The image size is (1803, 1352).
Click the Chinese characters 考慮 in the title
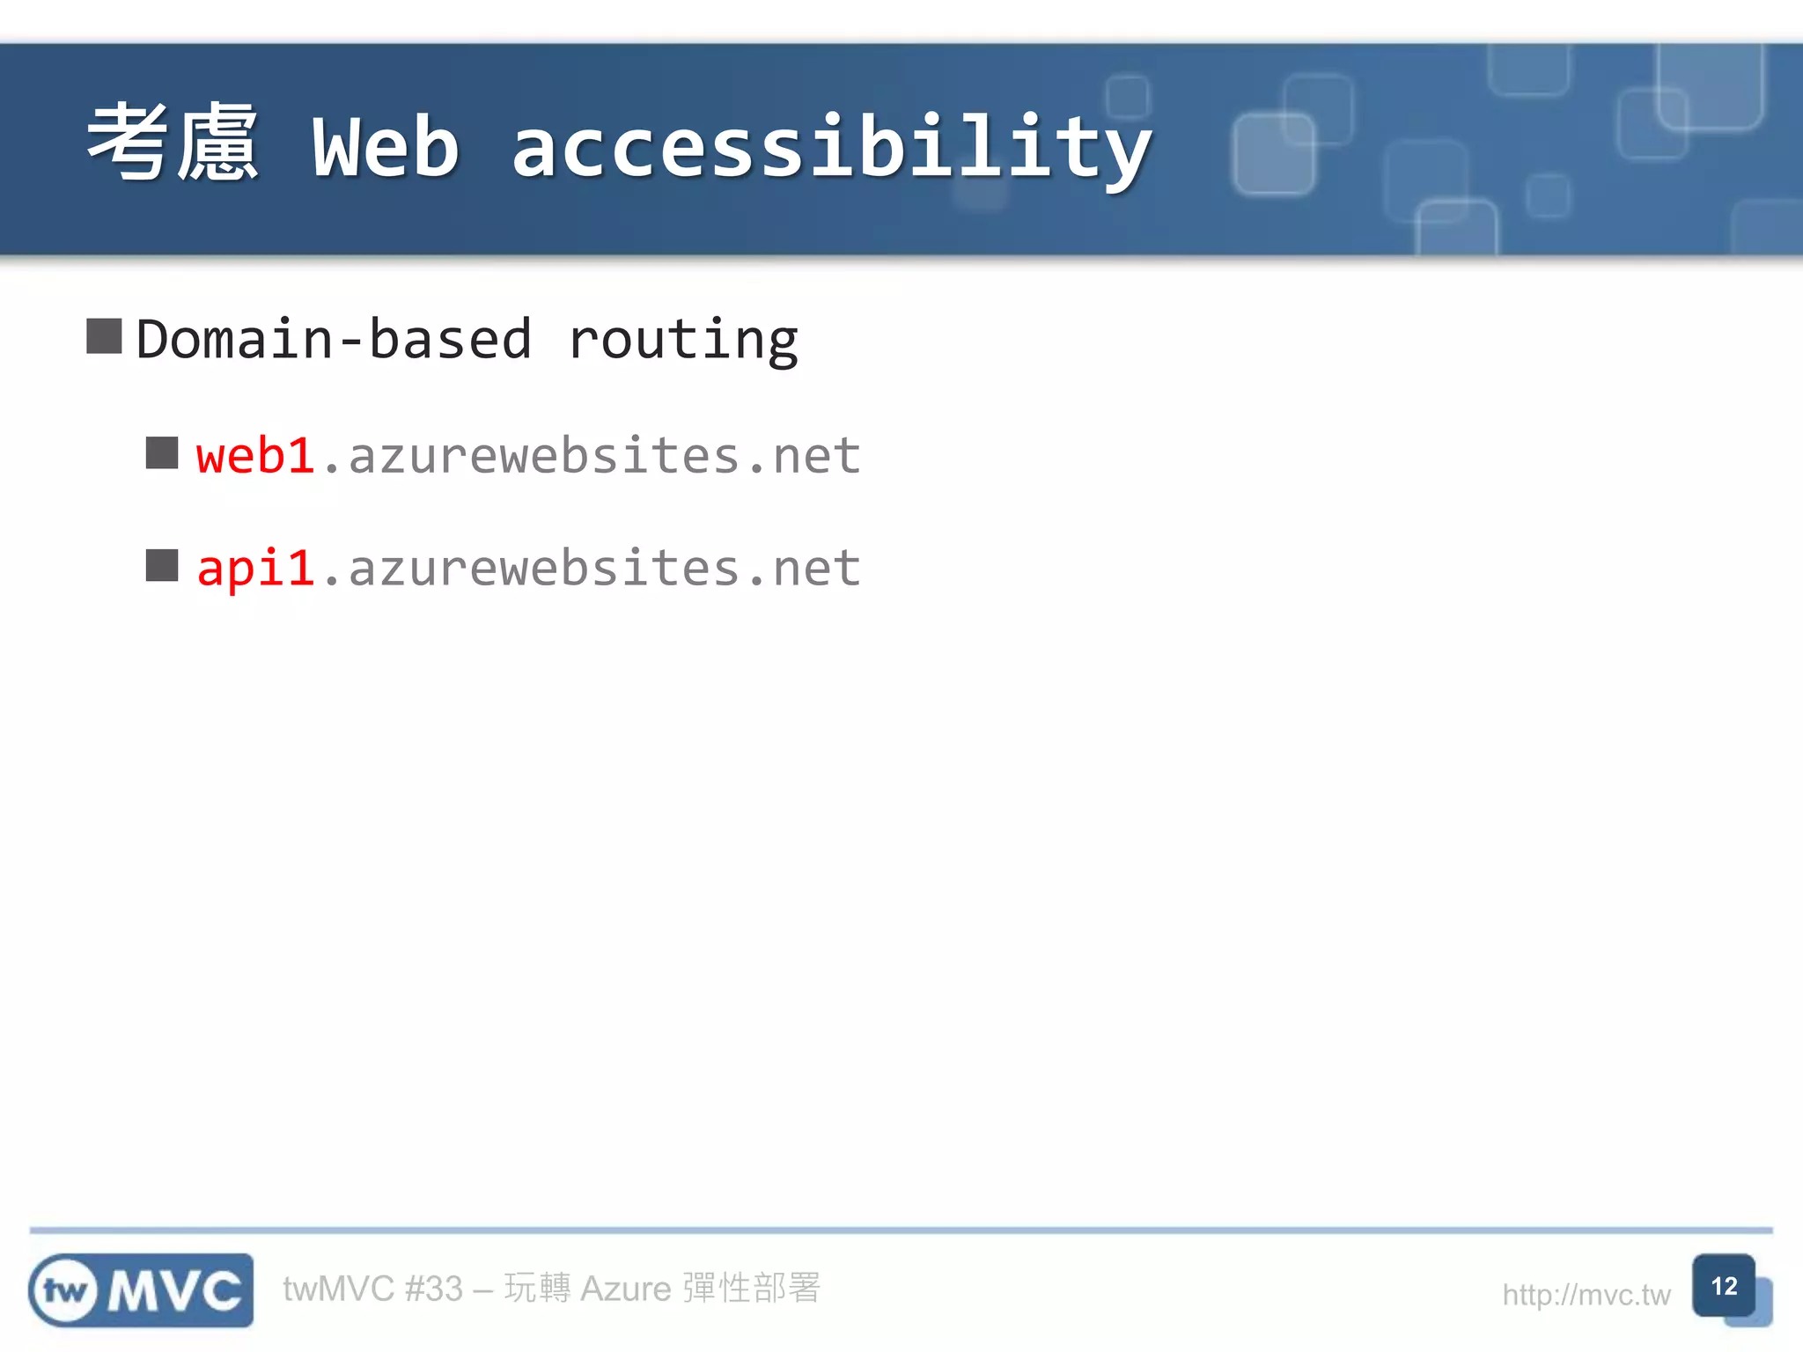[173, 143]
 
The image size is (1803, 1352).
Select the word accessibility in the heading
[831, 149]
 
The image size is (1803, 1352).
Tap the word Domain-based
[335, 340]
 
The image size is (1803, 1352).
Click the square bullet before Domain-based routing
[104, 336]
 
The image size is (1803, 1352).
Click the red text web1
[255, 456]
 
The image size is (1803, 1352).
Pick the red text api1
[255, 568]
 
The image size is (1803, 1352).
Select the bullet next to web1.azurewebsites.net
[162, 453]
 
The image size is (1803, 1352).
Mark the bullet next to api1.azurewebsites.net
[162, 566]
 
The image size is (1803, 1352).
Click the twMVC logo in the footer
[141, 1290]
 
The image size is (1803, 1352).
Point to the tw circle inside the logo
[65, 1291]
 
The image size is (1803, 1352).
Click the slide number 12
[1724, 1286]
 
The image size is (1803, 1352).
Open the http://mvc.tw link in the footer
[1586, 1295]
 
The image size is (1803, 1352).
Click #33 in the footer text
[433, 1290]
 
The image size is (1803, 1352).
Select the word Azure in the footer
[626, 1290]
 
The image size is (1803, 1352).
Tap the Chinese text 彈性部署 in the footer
[752, 1289]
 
